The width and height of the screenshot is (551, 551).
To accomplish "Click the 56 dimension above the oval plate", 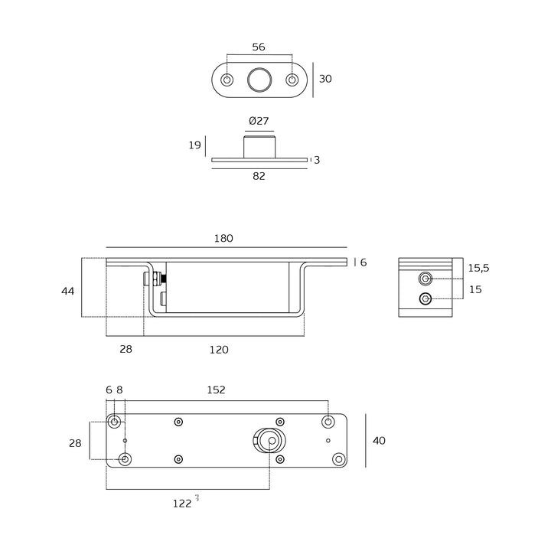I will click(x=259, y=47).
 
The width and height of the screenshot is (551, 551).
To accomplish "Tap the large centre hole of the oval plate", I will click(x=259, y=80).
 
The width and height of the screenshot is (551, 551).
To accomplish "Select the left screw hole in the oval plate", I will click(x=227, y=80).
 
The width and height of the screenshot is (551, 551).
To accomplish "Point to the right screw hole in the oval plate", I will click(x=292, y=80).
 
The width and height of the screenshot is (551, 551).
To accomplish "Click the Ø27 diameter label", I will click(x=259, y=121).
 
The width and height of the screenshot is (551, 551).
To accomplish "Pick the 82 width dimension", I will click(x=259, y=176).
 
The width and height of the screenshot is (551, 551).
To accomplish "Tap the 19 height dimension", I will click(x=194, y=145).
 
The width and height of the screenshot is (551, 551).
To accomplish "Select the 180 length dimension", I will click(x=223, y=239).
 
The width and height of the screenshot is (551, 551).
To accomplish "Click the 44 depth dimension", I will click(x=68, y=291).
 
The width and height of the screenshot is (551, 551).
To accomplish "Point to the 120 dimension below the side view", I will click(x=219, y=350).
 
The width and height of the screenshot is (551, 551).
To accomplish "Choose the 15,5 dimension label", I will click(x=478, y=268).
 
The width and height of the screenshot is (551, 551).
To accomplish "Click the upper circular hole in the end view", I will click(x=426, y=279).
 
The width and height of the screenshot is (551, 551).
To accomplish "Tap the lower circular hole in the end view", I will click(x=426, y=298).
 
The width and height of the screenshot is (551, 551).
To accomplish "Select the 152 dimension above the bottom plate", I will click(x=217, y=390).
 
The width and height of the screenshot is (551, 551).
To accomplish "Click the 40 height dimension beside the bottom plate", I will click(x=378, y=441).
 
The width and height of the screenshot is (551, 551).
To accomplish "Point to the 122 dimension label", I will click(x=182, y=503).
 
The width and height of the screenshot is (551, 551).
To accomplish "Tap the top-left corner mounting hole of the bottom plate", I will click(x=115, y=422).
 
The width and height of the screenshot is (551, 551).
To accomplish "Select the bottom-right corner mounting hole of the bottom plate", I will click(x=338, y=459).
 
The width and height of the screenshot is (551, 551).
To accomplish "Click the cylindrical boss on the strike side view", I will click(x=259, y=146).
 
